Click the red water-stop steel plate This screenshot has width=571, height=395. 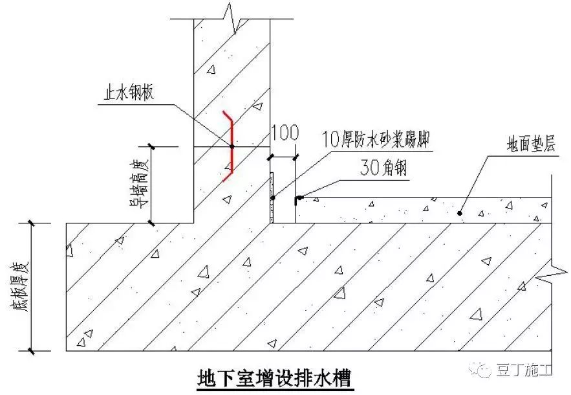231,144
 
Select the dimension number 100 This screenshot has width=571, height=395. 285,133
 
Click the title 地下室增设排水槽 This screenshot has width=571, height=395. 275,376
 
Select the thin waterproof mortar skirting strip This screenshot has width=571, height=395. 273,198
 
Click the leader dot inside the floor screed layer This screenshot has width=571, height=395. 460,212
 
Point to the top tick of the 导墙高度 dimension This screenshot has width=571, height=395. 151,147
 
